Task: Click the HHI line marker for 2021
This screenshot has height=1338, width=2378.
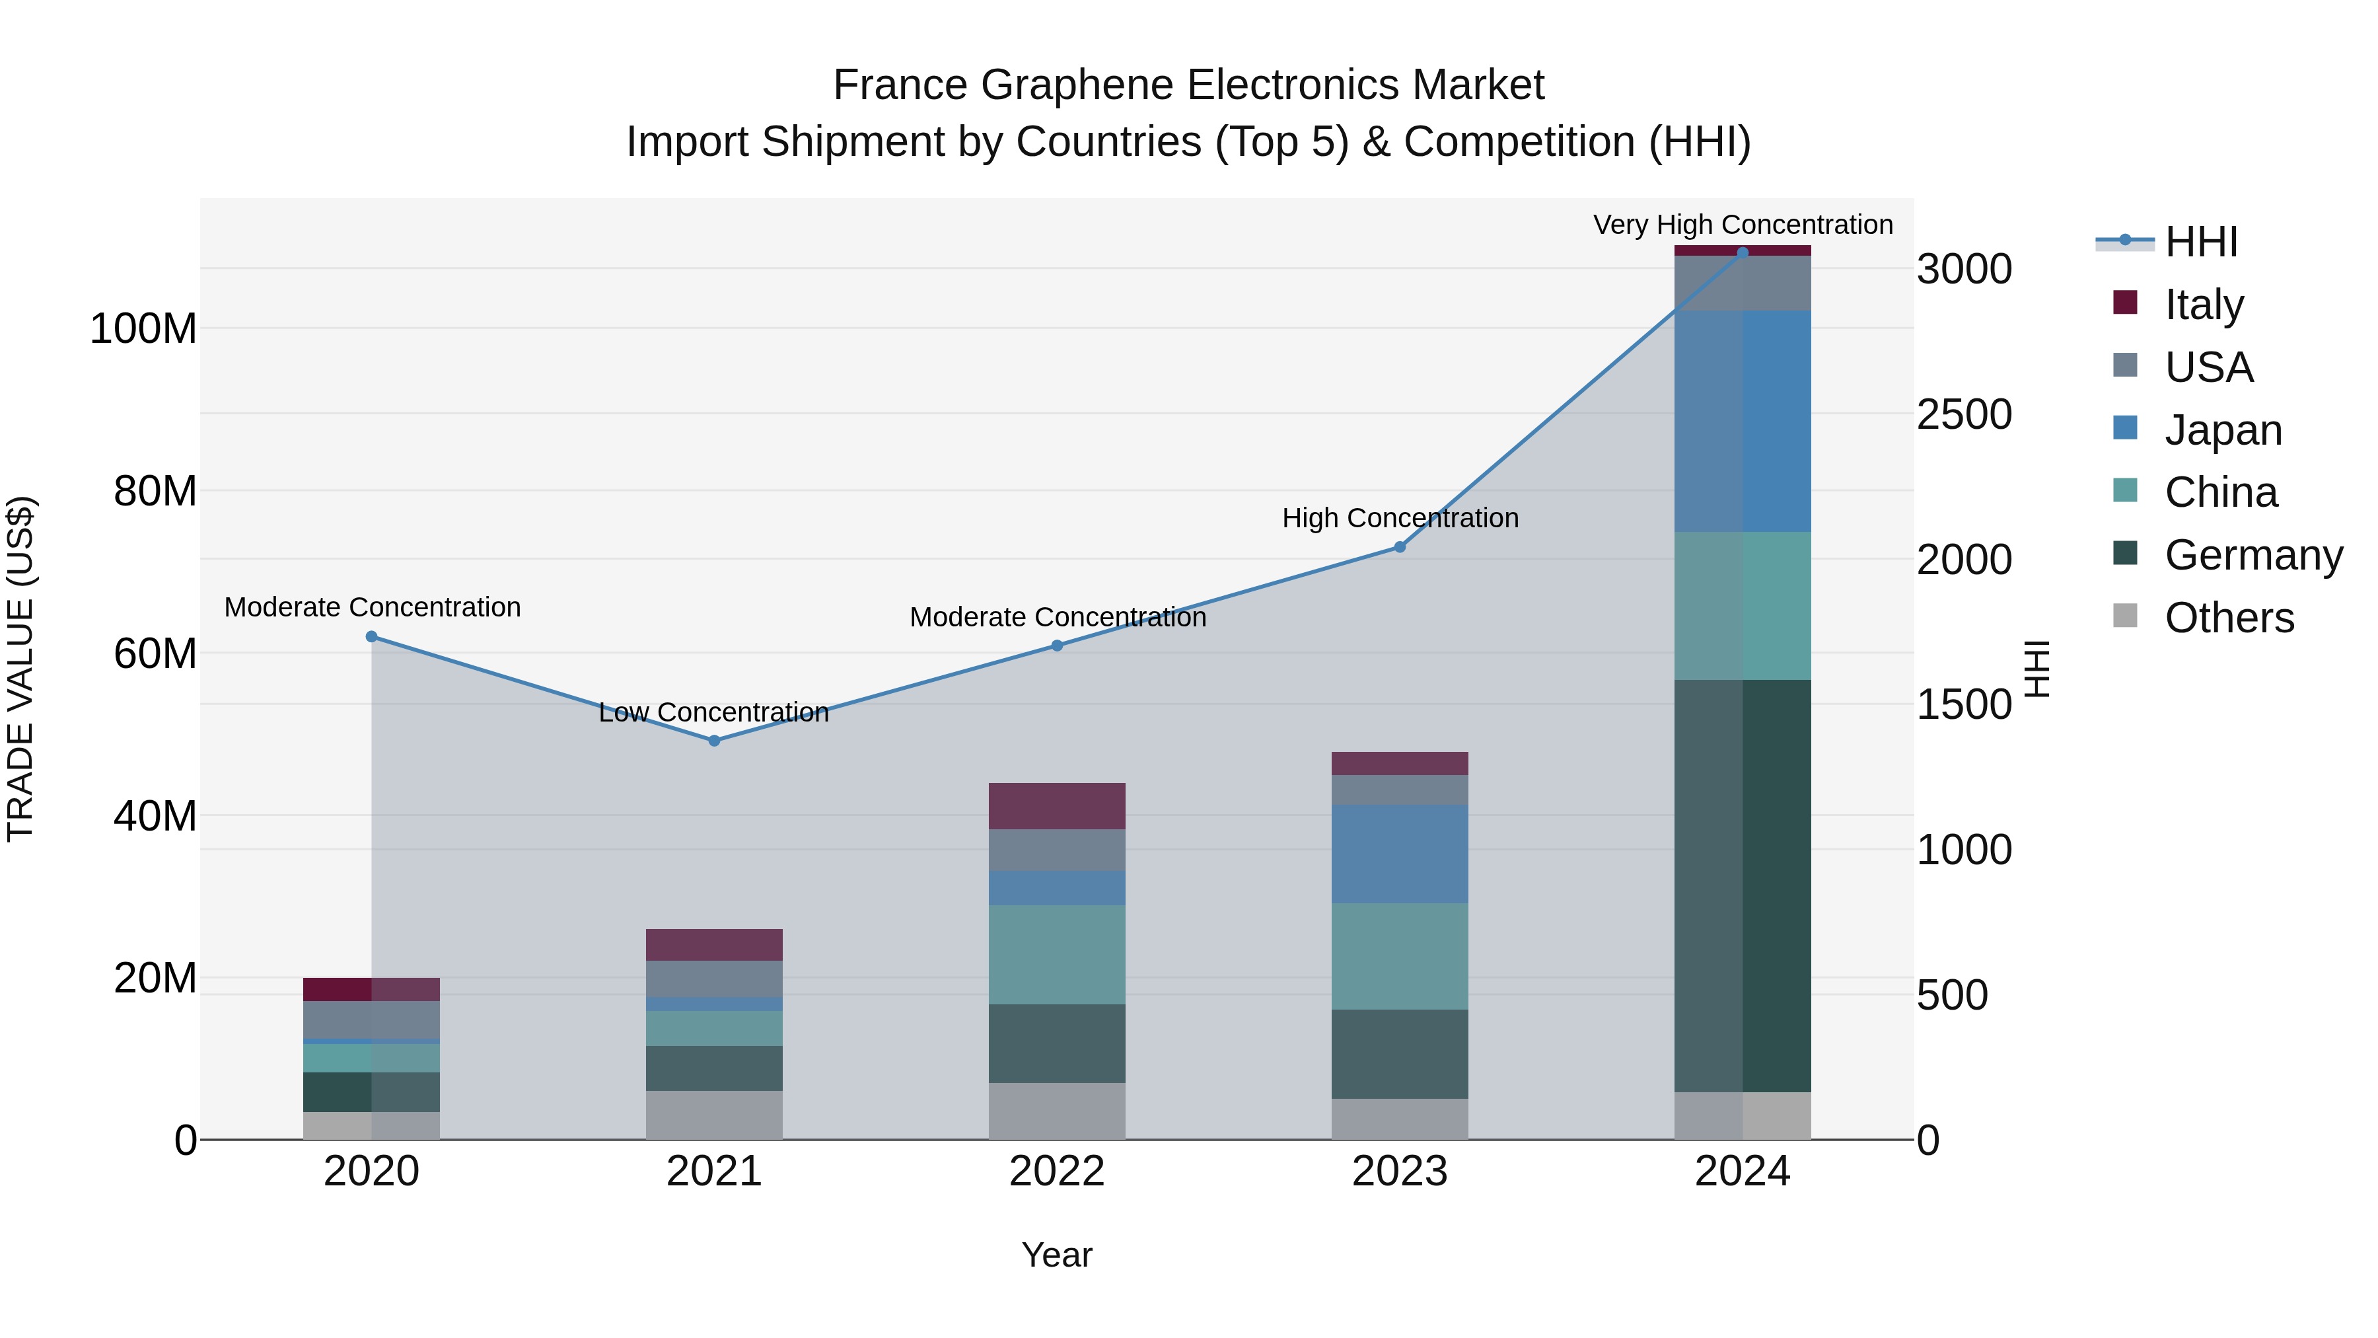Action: coord(713,741)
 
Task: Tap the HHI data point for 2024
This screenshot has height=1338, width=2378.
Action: coord(1742,252)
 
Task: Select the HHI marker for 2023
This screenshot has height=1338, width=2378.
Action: coord(1400,548)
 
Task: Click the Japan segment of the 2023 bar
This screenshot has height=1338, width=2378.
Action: coord(1400,854)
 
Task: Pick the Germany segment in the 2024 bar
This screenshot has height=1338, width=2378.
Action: coord(1742,887)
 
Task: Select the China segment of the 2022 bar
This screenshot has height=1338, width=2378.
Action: coord(1057,955)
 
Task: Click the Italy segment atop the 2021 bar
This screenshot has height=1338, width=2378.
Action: coord(713,945)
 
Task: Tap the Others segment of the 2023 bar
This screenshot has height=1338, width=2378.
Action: coord(1400,1119)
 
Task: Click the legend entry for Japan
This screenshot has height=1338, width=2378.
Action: coord(2223,430)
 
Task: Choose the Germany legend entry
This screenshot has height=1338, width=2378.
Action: coord(2252,555)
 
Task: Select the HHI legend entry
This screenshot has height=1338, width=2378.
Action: coord(2201,242)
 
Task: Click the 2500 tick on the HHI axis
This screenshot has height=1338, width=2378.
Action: coord(1964,414)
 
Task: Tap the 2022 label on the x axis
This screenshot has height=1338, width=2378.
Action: coord(1057,1171)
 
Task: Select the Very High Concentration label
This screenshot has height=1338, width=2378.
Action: coord(1742,225)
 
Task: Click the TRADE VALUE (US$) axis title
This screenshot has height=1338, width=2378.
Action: coord(20,669)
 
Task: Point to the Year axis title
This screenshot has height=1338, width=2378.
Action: coord(1057,1255)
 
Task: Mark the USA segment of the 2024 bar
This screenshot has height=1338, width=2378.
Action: coord(1742,283)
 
